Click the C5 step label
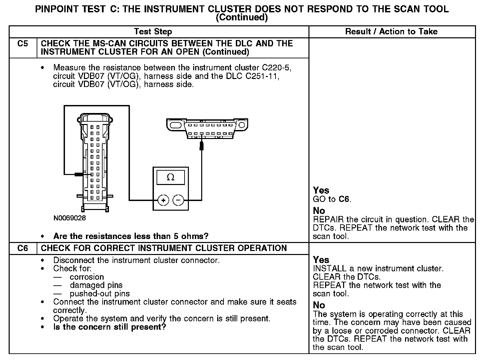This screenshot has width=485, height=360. pyautogui.click(x=23, y=44)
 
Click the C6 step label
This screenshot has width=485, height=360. pyautogui.click(x=23, y=248)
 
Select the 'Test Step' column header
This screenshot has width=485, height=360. pyautogui.click(x=153, y=32)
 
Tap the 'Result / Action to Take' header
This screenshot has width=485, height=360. pyautogui.click(x=391, y=32)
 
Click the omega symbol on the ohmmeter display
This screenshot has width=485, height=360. pyautogui.click(x=170, y=177)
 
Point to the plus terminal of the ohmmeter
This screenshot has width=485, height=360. pyautogui.click(x=163, y=200)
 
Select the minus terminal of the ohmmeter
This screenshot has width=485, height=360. pyautogui.click(x=178, y=200)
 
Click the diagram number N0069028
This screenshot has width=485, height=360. pyautogui.click(x=70, y=218)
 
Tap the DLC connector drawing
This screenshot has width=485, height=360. pyautogui.click(x=207, y=128)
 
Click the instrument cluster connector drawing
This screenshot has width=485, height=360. pyautogui.click(x=95, y=162)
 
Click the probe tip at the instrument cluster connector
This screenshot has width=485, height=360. pyautogui.click(x=79, y=174)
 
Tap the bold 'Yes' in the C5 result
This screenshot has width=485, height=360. pyautogui.click(x=321, y=190)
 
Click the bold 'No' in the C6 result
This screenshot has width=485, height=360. pyautogui.click(x=319, y=305)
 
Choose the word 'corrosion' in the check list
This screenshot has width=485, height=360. pyautogui.click(x=87, y=277)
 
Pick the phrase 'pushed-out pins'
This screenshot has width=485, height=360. pyautogui.click(x=100, y=294)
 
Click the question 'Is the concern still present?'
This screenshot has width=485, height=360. pyautogui.click(x=110, y=327)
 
